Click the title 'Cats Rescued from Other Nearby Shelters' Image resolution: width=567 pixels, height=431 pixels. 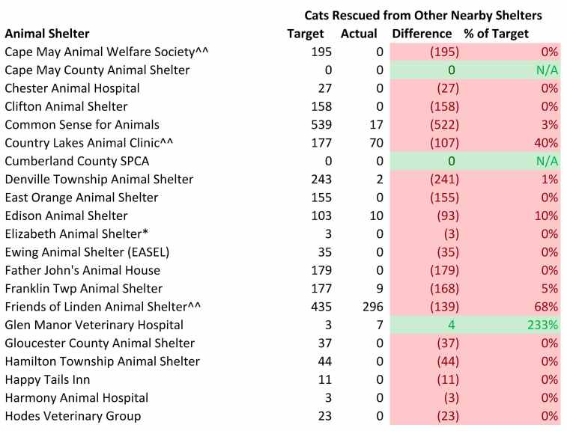[423, 15]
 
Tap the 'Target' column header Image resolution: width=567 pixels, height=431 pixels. [306, 34]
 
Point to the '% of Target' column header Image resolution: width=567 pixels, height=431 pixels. [496, 34]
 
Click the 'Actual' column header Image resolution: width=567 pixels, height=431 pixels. [359, 34]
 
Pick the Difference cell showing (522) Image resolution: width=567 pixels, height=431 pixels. [444, 124]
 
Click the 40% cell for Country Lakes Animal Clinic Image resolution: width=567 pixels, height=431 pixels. [548, 143]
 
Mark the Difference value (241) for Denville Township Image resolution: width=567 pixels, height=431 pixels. [444, 179]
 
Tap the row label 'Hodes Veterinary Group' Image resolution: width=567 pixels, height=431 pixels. [73, 416]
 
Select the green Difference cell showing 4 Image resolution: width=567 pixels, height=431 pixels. [451, 325]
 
